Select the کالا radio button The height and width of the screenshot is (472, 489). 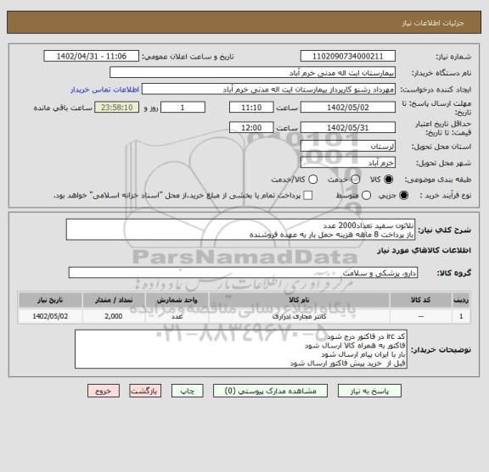[x=390, y=179]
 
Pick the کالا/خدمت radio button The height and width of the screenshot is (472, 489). [x=313, y=179]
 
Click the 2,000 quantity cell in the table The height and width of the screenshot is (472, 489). [x=113, y=316]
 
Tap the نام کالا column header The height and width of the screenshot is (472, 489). [x=298, y=300]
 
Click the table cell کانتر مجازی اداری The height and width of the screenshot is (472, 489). [x=298, y=316]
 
